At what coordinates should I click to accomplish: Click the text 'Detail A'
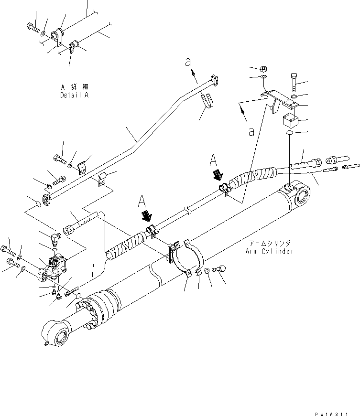(x=75, y=95)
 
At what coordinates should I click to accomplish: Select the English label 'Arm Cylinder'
(x=270, y=251)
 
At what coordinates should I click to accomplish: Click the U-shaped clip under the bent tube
(x=207, y=102)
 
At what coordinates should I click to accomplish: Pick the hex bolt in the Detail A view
(x=33, y=27)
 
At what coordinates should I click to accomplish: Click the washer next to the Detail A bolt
(x=44, y=33)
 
